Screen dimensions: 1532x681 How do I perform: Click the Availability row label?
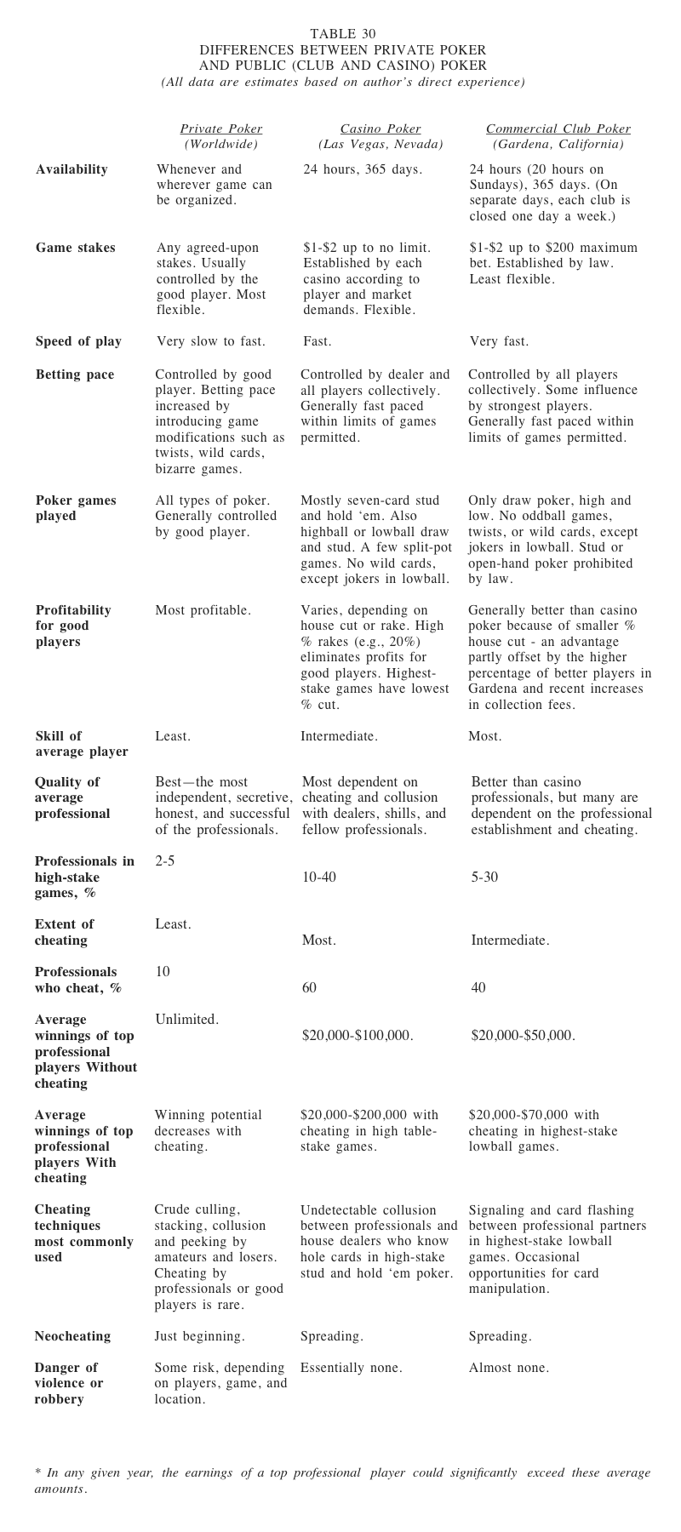coord(72,169)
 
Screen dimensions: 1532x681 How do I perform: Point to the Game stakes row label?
coord(75,248)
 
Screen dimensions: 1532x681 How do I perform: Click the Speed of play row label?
coord(78,341)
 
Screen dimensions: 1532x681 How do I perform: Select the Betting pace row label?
coord(74,374)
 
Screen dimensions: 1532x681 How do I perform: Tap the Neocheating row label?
coord(72,1336)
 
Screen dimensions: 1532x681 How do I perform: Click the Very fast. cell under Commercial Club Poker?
coord(499,341)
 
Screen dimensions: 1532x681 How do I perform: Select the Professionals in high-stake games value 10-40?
coord(319,877)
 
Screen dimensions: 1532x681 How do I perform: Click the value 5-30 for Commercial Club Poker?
coord(484,877)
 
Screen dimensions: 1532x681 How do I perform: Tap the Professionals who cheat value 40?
coord(478,988)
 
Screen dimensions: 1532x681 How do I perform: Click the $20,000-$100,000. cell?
coord(358,1036)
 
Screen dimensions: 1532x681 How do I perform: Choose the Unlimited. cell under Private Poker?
coord(186,1020)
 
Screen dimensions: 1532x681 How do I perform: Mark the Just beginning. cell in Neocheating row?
coord(199,1336)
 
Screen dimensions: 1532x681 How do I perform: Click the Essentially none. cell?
coord(351,1369)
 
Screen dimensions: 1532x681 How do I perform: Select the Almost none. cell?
coord(508,1369)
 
